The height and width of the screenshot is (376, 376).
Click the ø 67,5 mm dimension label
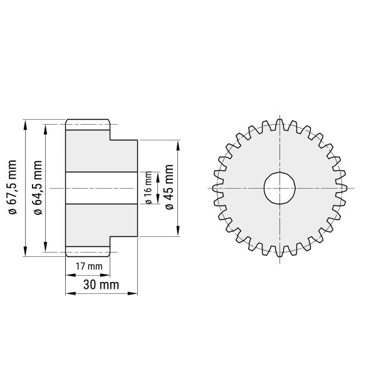pyautogui.click(x=13, y=187)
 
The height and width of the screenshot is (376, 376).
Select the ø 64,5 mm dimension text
pyautogui.click(x=38, y=187)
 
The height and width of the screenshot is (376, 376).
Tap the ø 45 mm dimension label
pyautogui.click(x=169, y=187)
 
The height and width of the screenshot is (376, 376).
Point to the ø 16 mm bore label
pyautogui.click(x=149, y=188)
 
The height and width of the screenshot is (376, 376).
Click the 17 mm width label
pyautogui.click(x=89, y=266)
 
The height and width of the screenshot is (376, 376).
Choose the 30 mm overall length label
pyautogui.click(x=101, y=285)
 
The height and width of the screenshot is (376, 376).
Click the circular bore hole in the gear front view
pyautogui.click(x=279, y=188)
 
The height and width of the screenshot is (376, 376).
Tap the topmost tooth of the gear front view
pyautogui.click(x=279, y=125)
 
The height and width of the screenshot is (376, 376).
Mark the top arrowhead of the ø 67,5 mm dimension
pyautogui.click(x=25, y=125)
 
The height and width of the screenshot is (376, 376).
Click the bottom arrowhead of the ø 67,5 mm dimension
pyautogui.click(x=25, y=251)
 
